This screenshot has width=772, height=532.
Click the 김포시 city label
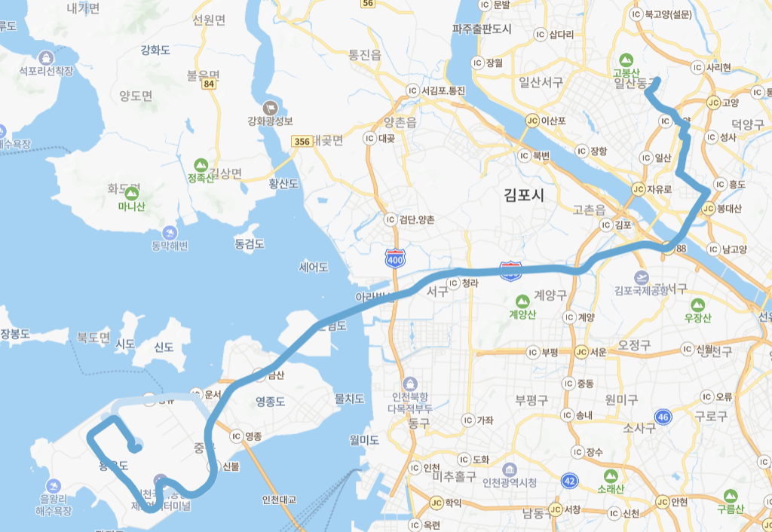pos(524,195)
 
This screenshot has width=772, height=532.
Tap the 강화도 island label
pos(155,50)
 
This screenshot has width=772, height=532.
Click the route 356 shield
pos(302,141)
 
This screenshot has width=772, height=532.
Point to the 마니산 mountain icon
pos(131,191)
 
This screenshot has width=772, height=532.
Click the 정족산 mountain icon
pos(201,164)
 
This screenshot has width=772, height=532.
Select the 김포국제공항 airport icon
pos(642,277)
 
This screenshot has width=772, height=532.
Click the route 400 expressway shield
pos(394,258)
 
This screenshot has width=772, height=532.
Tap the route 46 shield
pos(663,416)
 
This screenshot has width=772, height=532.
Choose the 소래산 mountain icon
pos(611,475)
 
